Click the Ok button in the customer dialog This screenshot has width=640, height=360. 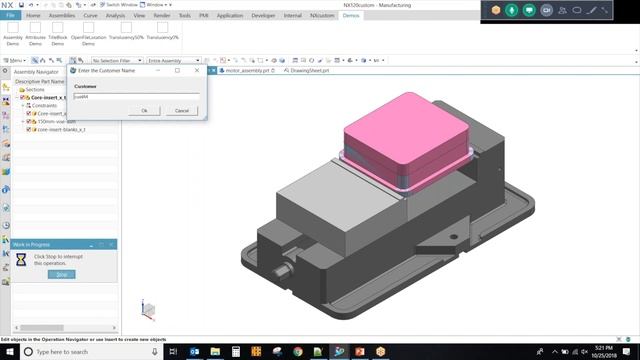click(x=144, y=110)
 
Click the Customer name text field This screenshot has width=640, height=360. click(x=135, y=97)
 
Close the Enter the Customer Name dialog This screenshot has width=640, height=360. click(x=196, y=71)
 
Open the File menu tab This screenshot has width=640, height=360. click(x=10, y=16)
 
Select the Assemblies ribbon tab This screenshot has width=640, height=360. click(x=61, y=16)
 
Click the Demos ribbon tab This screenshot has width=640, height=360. click(x=351, y=16)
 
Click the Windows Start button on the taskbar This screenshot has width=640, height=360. click(x=9, y=352)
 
